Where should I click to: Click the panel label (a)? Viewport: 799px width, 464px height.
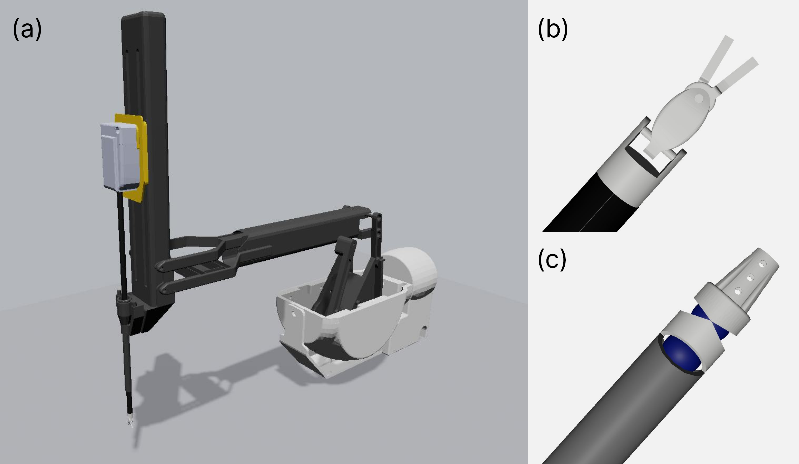pyautogui.click(x=27, y=29)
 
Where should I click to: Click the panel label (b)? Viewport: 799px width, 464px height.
pyautogui.click(x=553, y=29)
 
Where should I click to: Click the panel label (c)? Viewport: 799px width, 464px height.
pyautogui.click(x=552, y=259)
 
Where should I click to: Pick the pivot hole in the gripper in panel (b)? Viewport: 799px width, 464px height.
pyautogui.click(x=698, y=99)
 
